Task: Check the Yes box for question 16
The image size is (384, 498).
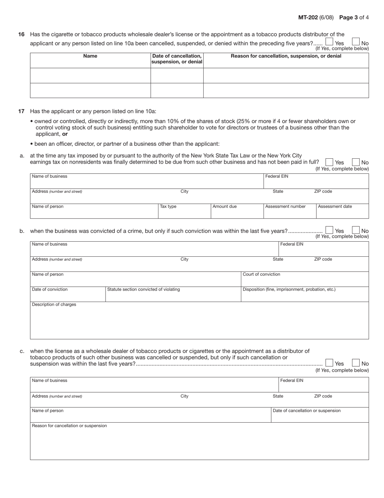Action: point(329,42)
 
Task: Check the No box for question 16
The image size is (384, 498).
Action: point(356,42)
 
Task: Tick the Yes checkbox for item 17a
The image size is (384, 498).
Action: point(329,162)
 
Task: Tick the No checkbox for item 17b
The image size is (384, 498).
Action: point(356,230)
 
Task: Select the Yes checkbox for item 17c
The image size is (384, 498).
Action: point(329,363)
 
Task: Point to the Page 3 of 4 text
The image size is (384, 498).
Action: point(354,17)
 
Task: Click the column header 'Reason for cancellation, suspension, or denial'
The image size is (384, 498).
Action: point(286,56)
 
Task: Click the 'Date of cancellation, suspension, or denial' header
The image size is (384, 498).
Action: point(177,59)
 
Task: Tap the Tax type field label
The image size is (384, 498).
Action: point(168,206)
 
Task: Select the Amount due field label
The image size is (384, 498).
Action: point(225,206)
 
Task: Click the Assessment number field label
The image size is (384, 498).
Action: point(285,206)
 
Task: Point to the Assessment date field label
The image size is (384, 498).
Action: point(335,206)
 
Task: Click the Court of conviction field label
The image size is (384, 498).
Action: point(261,275)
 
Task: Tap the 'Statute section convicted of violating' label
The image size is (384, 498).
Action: point(143,289)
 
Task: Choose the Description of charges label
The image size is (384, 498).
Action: point(54,304)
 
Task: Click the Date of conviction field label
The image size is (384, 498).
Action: point(50,289)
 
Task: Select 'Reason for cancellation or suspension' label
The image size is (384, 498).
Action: point(70,426)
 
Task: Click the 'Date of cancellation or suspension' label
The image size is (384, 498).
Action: point(307,411)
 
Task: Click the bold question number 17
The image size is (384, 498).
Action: point(22,111)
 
